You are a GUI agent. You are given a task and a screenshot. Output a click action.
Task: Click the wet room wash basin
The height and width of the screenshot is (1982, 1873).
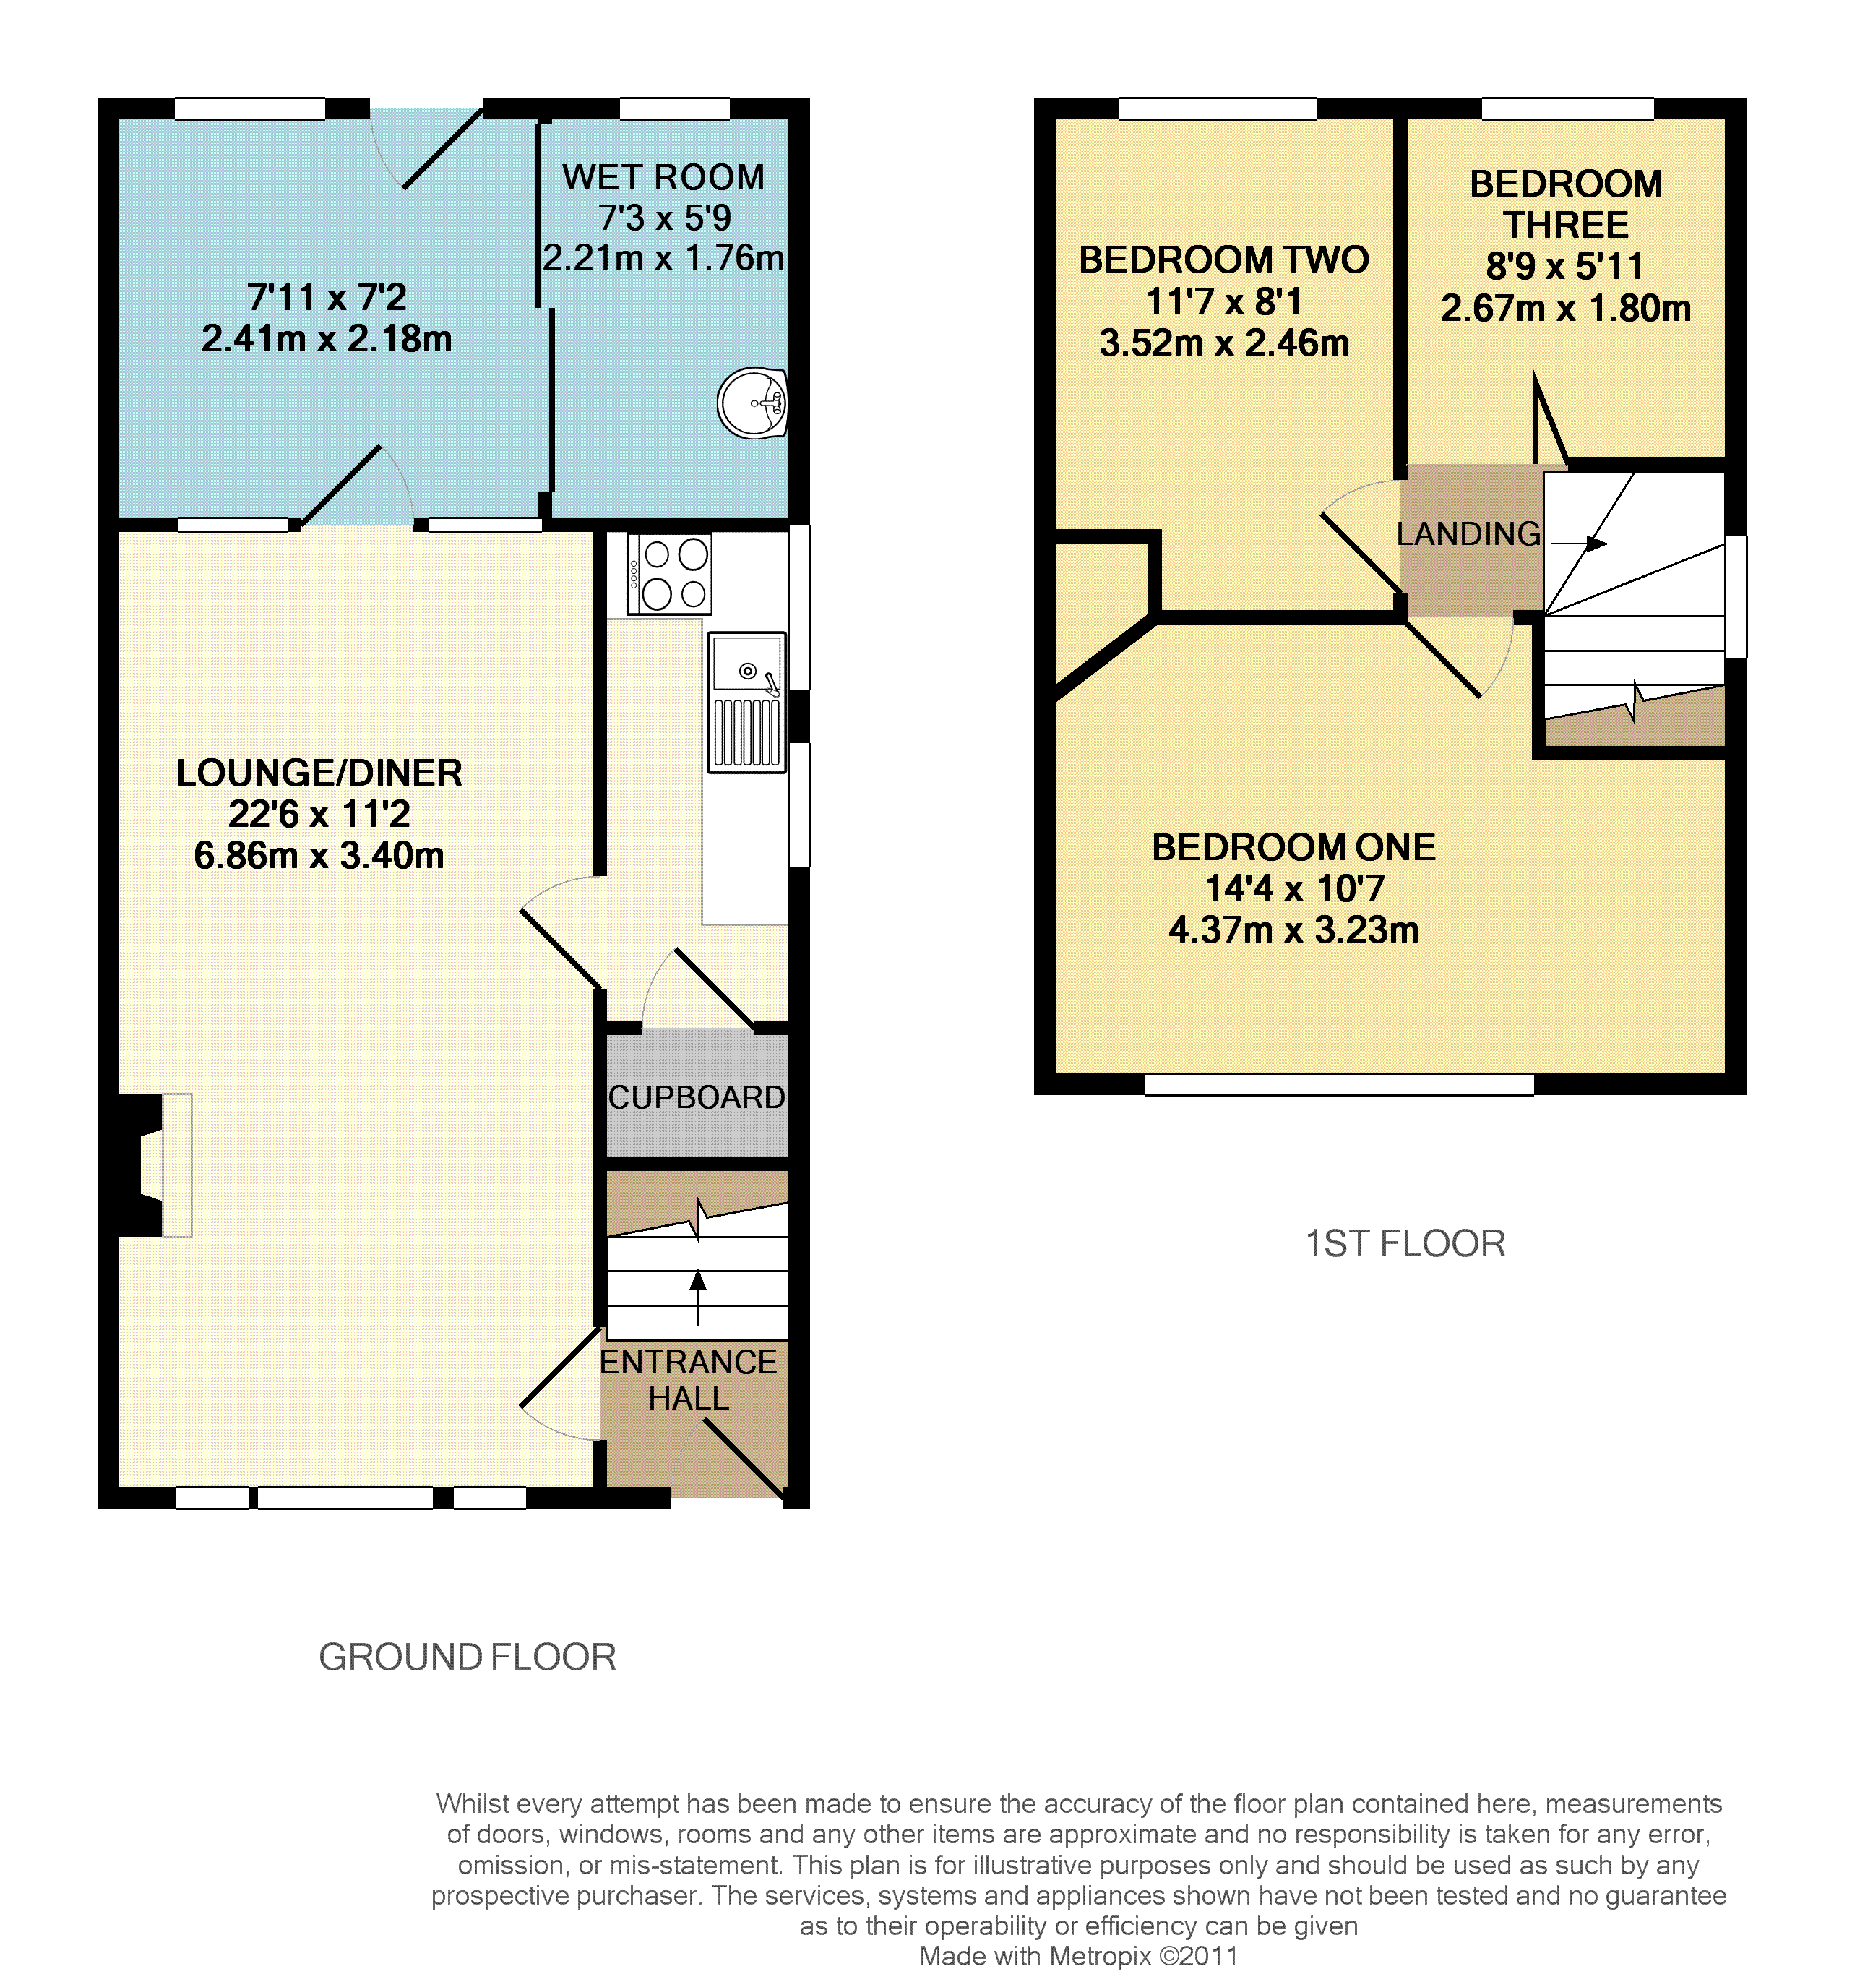click(x=753, y=403)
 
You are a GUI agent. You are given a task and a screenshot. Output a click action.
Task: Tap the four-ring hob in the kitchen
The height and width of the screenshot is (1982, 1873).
click(x=669, y=573)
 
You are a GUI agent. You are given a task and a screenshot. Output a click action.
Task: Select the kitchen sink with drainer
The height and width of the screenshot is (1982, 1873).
click(x=746, y=702)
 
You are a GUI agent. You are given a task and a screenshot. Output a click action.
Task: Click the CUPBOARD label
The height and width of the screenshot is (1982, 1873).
click(x=697, y=1097)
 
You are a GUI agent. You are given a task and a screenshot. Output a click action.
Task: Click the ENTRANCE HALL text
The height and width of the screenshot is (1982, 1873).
click(x=688, y=1380)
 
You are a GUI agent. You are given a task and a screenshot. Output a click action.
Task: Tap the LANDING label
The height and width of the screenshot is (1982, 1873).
click(x=1468, y=534)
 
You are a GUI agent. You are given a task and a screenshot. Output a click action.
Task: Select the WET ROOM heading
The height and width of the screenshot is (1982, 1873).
click(x=663, y=177)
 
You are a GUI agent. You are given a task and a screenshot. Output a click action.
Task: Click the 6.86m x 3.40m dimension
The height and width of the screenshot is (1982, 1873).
click(x=319, y=856)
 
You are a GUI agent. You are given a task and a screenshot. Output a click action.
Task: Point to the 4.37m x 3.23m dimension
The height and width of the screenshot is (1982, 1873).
click(x=1294, y=930)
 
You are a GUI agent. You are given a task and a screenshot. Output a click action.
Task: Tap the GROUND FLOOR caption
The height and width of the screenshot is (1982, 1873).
click(x=468, y=1657)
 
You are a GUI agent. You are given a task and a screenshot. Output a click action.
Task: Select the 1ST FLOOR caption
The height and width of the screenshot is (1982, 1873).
click(x=1405, y=1244)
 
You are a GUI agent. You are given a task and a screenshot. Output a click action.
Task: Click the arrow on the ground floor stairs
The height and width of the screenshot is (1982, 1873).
click(x=698, y=1298)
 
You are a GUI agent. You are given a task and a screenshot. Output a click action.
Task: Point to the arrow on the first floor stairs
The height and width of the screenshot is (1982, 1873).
click(x=1578, y=543)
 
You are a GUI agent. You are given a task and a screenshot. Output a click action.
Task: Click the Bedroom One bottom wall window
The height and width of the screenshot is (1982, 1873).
click(x=1339, y=1084)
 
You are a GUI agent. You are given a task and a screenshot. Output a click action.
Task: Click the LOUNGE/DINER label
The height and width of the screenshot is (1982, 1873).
click(x=319, y=773)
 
